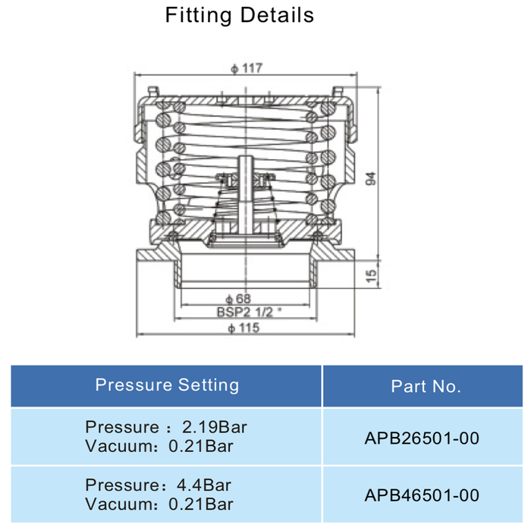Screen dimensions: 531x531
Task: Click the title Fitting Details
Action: pos(240,15)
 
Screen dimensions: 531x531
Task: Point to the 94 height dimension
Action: pos(371,179)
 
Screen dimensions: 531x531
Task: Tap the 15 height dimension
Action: pos(371,275)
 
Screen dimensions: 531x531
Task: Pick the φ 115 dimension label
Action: pos(244,328)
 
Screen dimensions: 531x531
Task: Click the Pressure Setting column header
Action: pos(167,385)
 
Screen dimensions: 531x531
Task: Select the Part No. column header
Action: pos(426,386)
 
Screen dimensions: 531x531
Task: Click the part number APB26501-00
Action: pos(422,438)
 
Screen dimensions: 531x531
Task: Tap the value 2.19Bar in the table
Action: pos(215,427)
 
